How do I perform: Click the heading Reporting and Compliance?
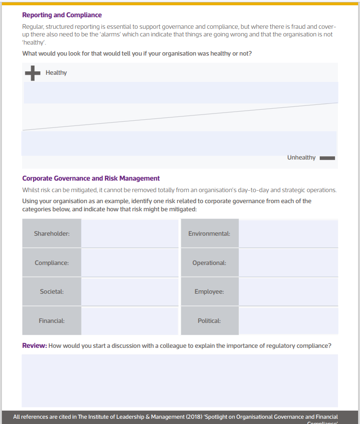[62, 15]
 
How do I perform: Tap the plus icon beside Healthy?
[32, 73]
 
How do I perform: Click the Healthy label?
[56, 73]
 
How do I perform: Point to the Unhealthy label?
[301, 158]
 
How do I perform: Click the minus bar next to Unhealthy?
[327, 158]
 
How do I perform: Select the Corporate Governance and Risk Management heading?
[91, 178]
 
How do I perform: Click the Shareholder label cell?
[52, 233]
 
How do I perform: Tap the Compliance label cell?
[52, 263]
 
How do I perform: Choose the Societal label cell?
[52, 291]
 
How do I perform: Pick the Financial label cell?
[52, 321]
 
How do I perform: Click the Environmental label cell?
[209, 233]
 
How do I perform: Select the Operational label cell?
[209, 263]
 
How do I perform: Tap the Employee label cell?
[209, 291]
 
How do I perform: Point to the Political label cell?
[209, 321]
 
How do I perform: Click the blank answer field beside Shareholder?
[130, 233]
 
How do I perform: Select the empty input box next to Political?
[288, 321]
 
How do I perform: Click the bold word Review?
[35, 345]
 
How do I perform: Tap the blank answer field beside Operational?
[288, 263]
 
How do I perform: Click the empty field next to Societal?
[130, 291]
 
